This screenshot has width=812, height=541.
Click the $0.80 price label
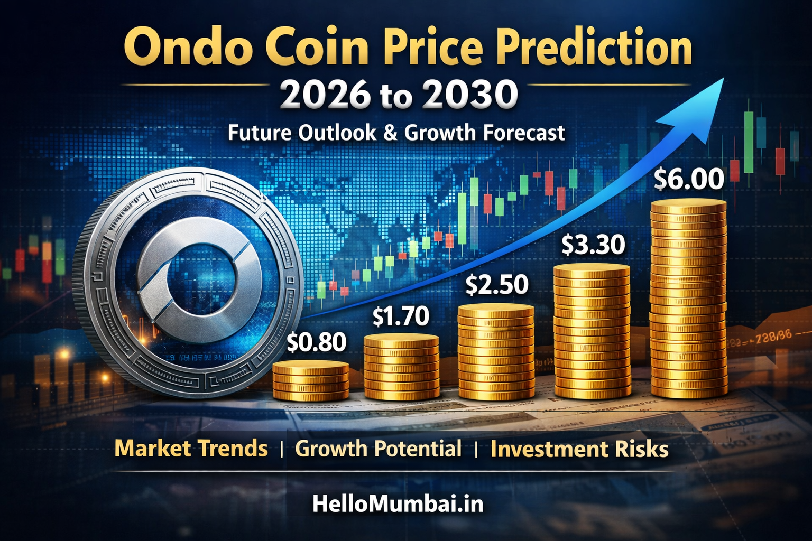pyautogui.click(x=317, y=342)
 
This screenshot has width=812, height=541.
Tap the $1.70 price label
pyautogui.click(x=401, y=316)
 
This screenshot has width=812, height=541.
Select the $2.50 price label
pyautogui.click(x=497, y=285)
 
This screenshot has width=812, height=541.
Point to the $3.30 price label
pyautogui.click(x=593, y=245)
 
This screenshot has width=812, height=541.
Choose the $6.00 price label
pyautogui.click(x=689, y=179)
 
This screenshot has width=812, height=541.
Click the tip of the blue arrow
pyautogui.click(x=722, y=79)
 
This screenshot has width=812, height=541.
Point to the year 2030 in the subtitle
pyautogui.click(x=470, y=96)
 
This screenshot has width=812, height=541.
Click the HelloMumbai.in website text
pyautogui.click(x=398, y=503)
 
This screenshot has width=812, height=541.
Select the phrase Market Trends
pyautogui.click(x=191, y=449)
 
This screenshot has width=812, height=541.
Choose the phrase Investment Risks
pyautogui.click(x=579, y=449)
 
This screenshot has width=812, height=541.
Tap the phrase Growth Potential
pyautogui.click(x=378, y=449)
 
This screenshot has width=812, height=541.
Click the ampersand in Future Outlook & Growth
pyautogui.click(x=390, y=133)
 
